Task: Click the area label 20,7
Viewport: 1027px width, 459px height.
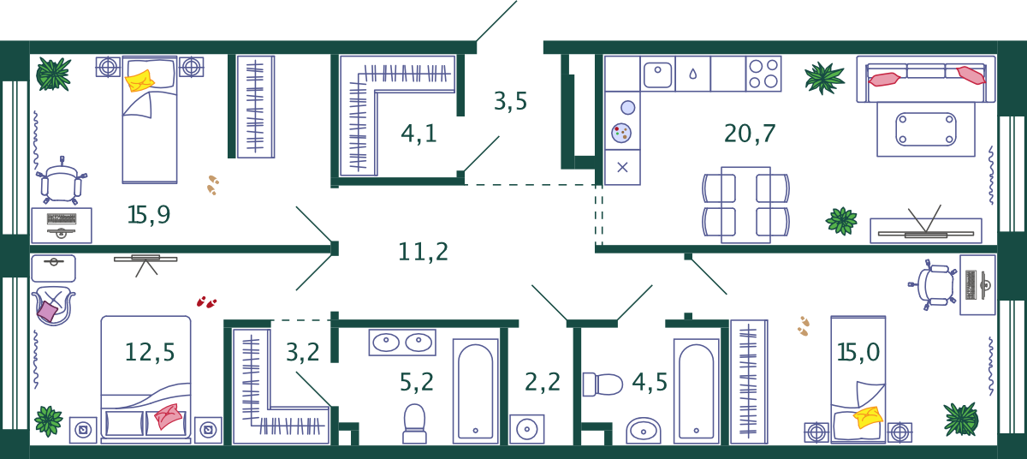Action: pos(750,134)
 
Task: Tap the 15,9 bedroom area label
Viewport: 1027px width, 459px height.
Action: pos(149,215)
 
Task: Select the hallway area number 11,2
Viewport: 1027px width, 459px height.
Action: pos(423,252)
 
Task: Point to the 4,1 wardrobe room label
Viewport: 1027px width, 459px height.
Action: pos(419,134)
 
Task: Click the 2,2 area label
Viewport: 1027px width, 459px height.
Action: pos(543,382)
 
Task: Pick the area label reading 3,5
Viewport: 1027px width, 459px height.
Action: pos(510,101)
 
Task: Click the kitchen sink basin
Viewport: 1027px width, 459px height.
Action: pos(657,75)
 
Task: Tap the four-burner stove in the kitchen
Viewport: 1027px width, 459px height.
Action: pos(763,74)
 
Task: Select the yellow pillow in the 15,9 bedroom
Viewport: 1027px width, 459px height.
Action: pos(140,80)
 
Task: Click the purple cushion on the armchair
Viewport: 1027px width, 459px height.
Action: pos(47,312)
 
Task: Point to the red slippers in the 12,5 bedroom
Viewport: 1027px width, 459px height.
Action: pos(206,302)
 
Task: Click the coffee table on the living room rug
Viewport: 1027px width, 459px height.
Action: pos(926,129)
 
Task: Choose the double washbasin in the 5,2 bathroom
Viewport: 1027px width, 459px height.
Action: pos(402,342)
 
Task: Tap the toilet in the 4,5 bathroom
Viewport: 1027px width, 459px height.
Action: pos(603,384)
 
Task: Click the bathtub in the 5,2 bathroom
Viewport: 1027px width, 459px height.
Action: pos(476,391)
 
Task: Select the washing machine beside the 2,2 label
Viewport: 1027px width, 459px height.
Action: pos(527,429)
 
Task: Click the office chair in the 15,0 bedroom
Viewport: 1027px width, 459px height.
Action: pos(933,285)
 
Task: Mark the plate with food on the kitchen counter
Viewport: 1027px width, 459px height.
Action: pos(621,133)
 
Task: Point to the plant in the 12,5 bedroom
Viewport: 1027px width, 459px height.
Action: pos(49,421)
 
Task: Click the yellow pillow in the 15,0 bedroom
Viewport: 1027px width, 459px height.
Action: pos(868,417)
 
